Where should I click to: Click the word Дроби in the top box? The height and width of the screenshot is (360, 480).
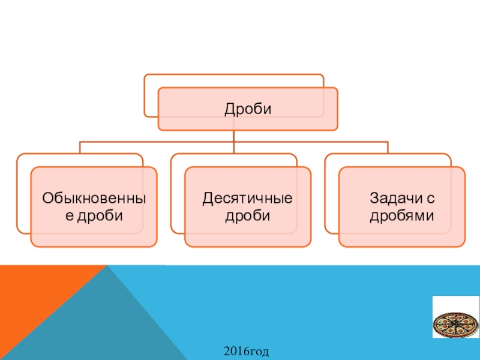tap(248, 109)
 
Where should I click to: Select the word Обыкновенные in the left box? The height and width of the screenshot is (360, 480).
tap(94, 199)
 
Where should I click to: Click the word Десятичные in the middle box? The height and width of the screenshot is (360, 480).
tap(247, 199)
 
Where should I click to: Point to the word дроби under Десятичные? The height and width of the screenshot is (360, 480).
tap(247, 215)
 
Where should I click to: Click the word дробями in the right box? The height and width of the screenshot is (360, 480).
tap(401, 215)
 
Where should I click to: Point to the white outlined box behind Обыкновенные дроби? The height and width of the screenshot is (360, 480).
tap(23, 192)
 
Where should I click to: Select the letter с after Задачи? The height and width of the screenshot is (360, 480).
tap(430, 199)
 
